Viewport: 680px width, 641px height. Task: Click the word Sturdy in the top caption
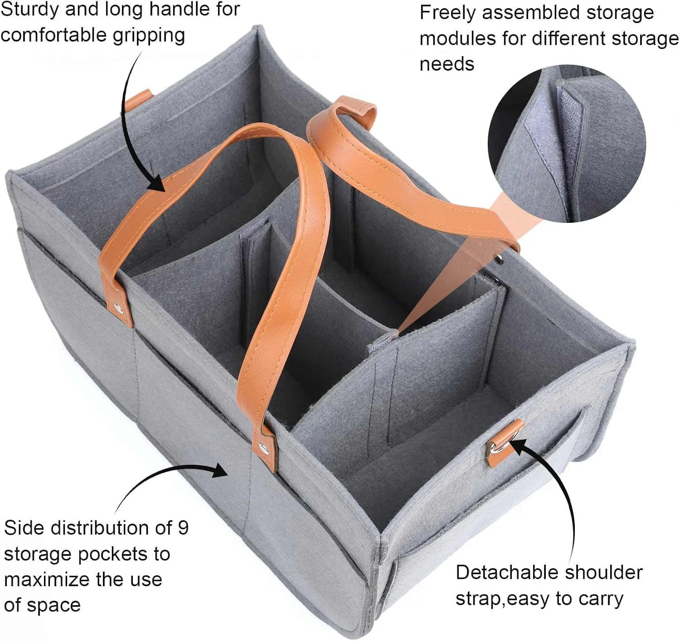point(30,10)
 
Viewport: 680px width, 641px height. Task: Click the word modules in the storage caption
point(458,38)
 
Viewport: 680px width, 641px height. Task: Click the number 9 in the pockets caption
point(183,528)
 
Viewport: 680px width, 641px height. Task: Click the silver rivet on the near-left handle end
point(119,308)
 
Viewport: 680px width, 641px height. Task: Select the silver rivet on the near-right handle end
point(263,446)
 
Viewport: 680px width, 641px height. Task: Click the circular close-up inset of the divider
point(567,144)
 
